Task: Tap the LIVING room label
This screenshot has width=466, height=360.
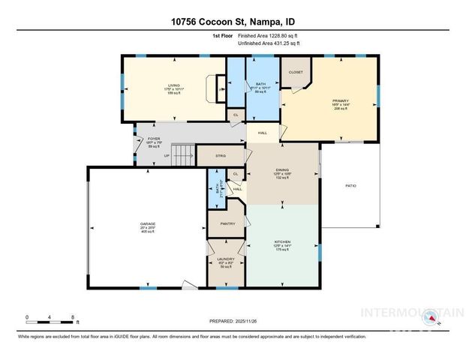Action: pyautogui.click(x=174, y=85)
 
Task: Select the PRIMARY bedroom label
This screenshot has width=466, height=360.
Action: pyautogui.click(x=341, y=99)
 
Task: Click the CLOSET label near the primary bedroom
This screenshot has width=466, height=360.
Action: pyautogui.click(x=296, y=72)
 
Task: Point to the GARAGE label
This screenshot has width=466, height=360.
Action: pyautogui.click(x=148, y=223)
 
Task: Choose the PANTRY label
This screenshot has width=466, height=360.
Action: pyautogui.click(x=228, y=223)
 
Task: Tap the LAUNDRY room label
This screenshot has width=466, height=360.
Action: pyautogui.click(x=226, y=259)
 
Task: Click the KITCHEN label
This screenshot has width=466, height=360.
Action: pyautogui.click(x=282, y=241)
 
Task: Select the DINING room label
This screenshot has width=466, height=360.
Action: pyautogui.click(x=282, y=170)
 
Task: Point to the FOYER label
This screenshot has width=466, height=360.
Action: pyautogui.click(x=153, y=139)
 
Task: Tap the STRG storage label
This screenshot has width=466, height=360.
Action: pyautogui.click(x=221, y=155)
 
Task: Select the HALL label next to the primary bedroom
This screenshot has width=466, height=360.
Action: pyautogui.click(x=263, y=133)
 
